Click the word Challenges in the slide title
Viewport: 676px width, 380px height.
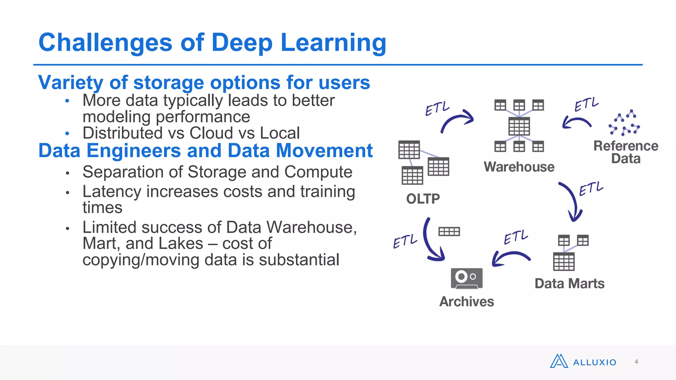105,43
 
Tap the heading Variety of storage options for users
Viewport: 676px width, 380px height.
204,82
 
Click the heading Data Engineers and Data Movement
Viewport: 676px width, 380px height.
205,151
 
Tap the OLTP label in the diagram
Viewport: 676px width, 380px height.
423,199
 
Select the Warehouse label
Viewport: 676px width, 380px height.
519,167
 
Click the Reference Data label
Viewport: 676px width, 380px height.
625,152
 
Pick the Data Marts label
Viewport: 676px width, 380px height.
569,284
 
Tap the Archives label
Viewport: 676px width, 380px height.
466,301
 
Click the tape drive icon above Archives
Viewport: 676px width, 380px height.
466,278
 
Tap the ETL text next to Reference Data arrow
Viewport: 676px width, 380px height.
586,104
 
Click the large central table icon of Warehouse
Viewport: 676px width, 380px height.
519,126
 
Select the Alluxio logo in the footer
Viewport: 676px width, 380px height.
583,362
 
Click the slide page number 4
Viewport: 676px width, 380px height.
636,362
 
